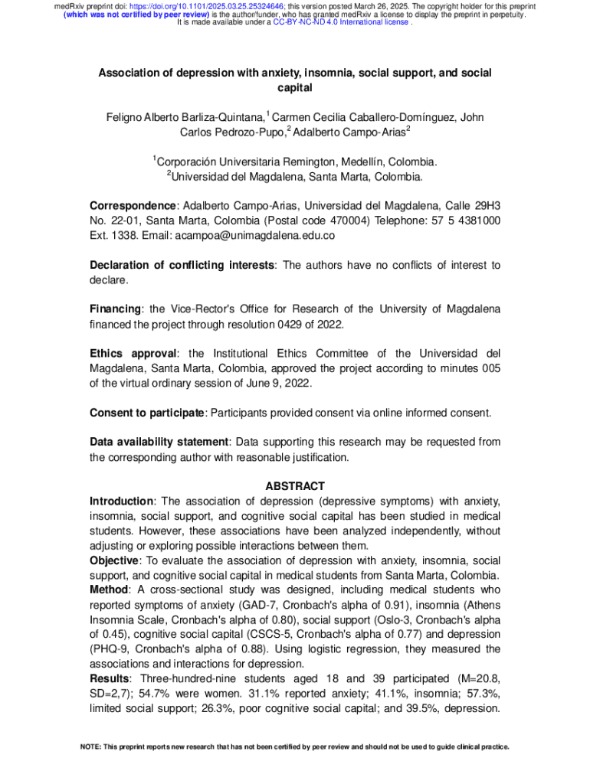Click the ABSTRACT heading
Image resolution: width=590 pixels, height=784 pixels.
[x=295, y=486]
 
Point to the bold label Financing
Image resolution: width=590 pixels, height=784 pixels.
[x=116, y=309]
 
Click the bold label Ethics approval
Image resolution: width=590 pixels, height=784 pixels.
[x=133, y=354]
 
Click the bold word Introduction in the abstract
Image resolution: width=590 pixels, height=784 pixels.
[x=121, y=501]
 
